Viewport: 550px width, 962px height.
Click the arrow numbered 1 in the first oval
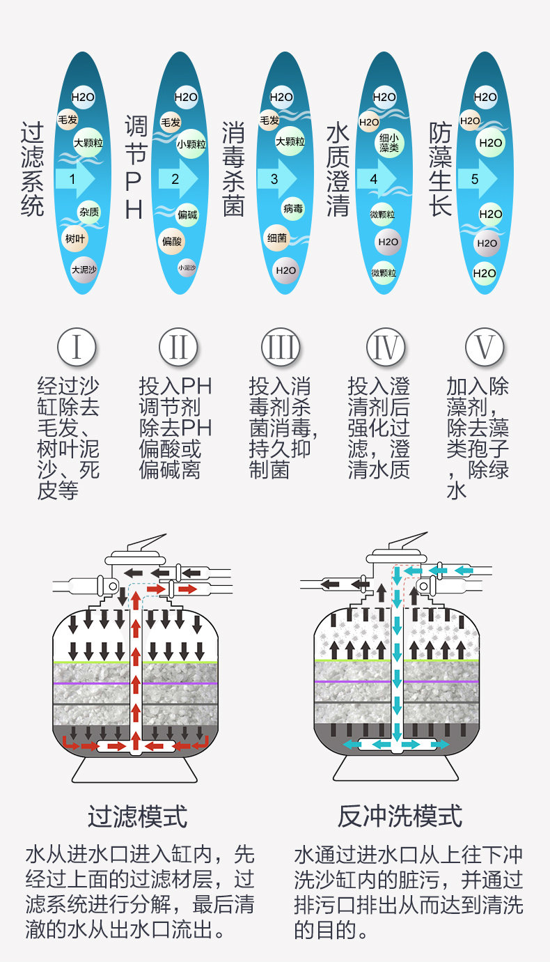pyautogui.click(x=73, y=179)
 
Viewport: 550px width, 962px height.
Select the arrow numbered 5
pyautogui.click(x=477, y=179)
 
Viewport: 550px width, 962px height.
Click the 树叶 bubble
pyautogui.click(x=74, y=238)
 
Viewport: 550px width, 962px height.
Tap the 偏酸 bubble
pyautogui.click(x=171, y=241)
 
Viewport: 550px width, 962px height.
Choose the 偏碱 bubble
pyautogui.click(x=187, y=214)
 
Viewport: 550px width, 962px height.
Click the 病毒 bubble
pyautogui.click(x=293, y=208)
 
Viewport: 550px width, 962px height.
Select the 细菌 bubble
pyautogui.click(x=276, y=238)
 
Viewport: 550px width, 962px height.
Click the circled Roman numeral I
pyautogui.click(x=77, y=347)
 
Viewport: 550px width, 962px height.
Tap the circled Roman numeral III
pyautogui.click(x=281, y=347)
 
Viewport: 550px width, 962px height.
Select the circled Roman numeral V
pyautogui.click(x=485, y=347)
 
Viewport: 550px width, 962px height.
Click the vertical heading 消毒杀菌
pyautogui.click(x=234, y=169)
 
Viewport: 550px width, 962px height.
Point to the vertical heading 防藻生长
pyautogui.click(x=440, y=169)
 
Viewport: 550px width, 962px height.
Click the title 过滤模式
pyautogui.click(x=138, y=816)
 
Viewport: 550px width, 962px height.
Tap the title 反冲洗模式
pyautogui.click(x=400, y=816)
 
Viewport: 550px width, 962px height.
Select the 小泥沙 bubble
pyautogui.click(x=187, y=267)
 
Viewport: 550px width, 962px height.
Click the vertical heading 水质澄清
pyautogui.click(x=338, y=169)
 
